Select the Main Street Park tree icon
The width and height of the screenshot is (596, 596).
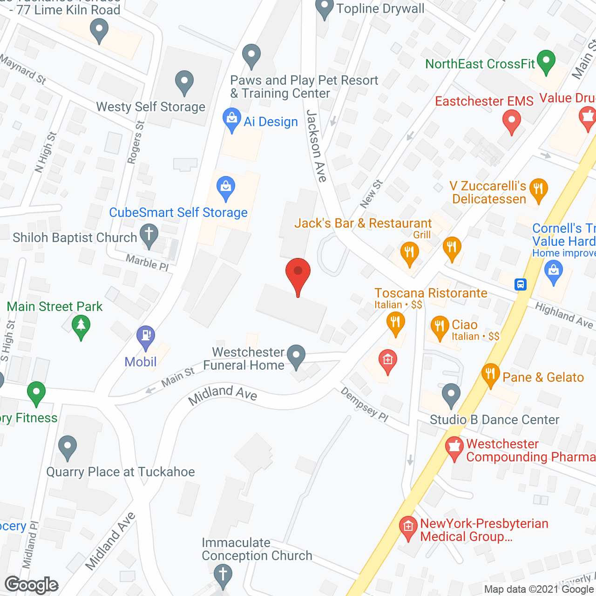(x=81, y=325)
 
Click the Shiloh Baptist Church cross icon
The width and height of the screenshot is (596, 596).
(x=149, y=235)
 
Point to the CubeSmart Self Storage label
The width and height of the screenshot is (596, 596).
(x=178, y=213)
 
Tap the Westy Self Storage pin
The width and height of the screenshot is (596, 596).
(x=184, y=82)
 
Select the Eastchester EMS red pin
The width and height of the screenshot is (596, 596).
(x=511, y=121)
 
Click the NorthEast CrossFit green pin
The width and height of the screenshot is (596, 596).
(x=546, y=61)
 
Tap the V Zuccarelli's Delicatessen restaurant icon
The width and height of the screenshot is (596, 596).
(x=538, y=190)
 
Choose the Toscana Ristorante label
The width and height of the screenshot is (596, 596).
(x=431, y=293)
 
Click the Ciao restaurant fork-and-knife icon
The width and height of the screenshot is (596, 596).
(x=439, y=327)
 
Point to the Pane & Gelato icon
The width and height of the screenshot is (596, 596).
(x=490, y=374)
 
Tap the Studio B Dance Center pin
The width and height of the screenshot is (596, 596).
(x=451, y=394)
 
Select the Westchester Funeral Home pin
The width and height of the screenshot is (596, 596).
(x=296, y=356)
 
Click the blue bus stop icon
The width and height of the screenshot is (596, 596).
(x=521, y=284)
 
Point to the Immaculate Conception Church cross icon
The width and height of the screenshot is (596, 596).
(x=223, y=575)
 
